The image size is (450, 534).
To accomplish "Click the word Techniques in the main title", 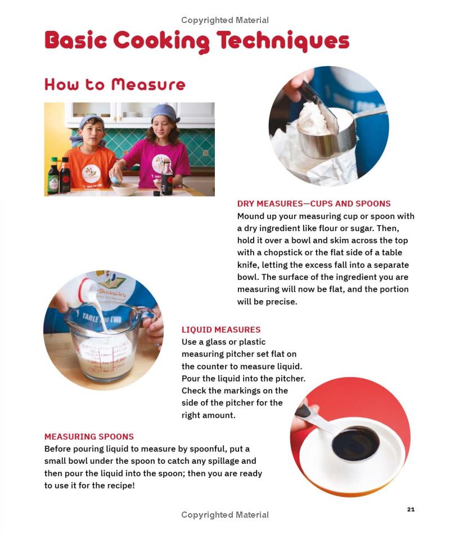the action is pyautogui.click(x=283, y=41).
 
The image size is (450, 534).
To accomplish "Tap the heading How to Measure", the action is pyautogui.click(x=115, y=84).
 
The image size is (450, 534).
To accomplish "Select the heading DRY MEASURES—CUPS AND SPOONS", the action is pyautogui.click(x=314, y=203).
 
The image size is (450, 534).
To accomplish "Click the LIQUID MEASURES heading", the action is pyautogui.click(x=221, y=329).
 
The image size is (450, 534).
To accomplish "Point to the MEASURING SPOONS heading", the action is pyautogui.click(x=89, y=437).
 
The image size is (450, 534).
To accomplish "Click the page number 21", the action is pyautogui.click(x=411, y=509).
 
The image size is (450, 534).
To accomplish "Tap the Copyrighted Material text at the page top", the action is pyautogui.click(x=225, y=20).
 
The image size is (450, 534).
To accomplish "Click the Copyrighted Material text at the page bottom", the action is pyautogui.click(x=225, y=514).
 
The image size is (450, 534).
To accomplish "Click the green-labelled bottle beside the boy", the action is pyautogui.click(x=53, y=176).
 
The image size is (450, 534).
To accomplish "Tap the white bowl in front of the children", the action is pyautogui.click(x=125, y=189).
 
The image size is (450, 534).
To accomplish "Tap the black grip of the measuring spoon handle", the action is pyautogui.click(x=303, y=410).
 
